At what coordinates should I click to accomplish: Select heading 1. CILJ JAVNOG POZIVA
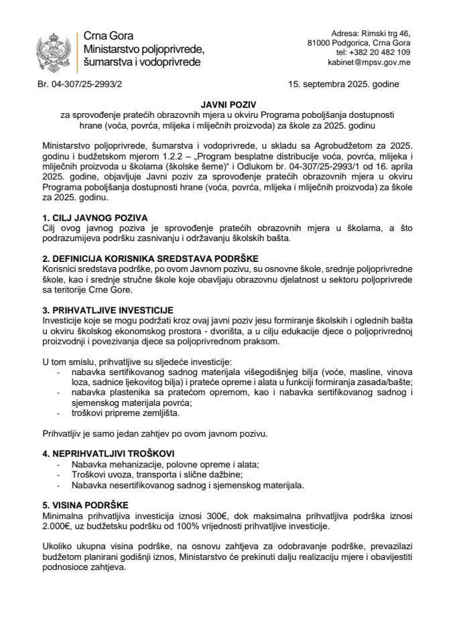pos(94,200)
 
